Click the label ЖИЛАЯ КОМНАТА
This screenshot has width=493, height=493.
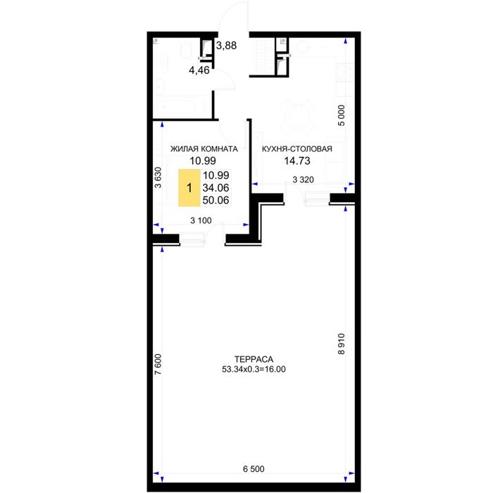(x=204, y=149)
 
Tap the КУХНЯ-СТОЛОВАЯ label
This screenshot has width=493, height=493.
(x=297, y=149)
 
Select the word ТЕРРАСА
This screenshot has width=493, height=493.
(x=254, y=359)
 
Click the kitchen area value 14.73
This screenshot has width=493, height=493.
(x=297, y=161)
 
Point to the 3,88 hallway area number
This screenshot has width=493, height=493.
(x=226, y=46)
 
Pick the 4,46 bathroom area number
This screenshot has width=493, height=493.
(x=199, y=70)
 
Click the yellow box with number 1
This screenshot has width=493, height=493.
(x=189, y=188)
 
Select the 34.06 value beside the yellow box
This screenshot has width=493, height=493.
(x=216, y=188)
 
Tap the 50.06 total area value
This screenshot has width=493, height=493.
(x=216, y=200)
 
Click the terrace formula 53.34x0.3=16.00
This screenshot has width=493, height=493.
(x=254, y=369)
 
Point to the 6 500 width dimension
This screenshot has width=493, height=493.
(x=254, y=469)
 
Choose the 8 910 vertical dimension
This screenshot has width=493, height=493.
(x=342, y=344)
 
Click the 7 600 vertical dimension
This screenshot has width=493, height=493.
(x=158, y=364)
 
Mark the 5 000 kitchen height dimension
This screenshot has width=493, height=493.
(x=342, y=116)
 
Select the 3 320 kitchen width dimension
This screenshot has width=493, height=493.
(x=303, y=180)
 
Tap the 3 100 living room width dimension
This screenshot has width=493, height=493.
(x=201, y=220)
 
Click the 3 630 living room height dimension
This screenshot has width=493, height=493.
(x=158, y=177)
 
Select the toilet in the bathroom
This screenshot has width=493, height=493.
(x=186, y=50)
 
